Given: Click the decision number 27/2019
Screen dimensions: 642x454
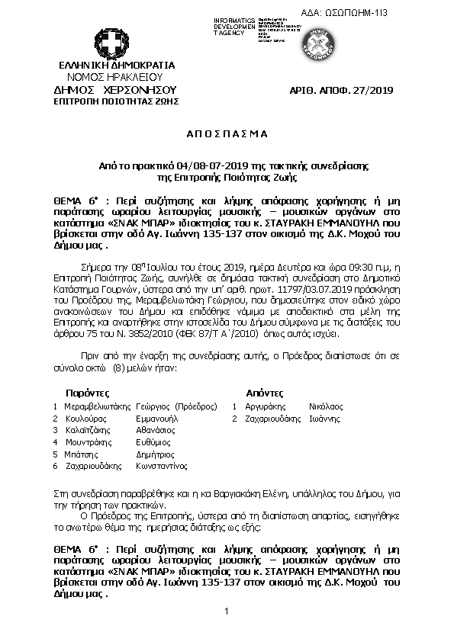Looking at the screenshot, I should (x=373, y=91).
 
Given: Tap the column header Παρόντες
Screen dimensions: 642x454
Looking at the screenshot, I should (x=88, y=392).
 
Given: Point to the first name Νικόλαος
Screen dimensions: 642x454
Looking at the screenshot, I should (x=326, y=406).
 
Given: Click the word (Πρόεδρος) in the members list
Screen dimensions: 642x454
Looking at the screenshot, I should (x=196, y=406).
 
